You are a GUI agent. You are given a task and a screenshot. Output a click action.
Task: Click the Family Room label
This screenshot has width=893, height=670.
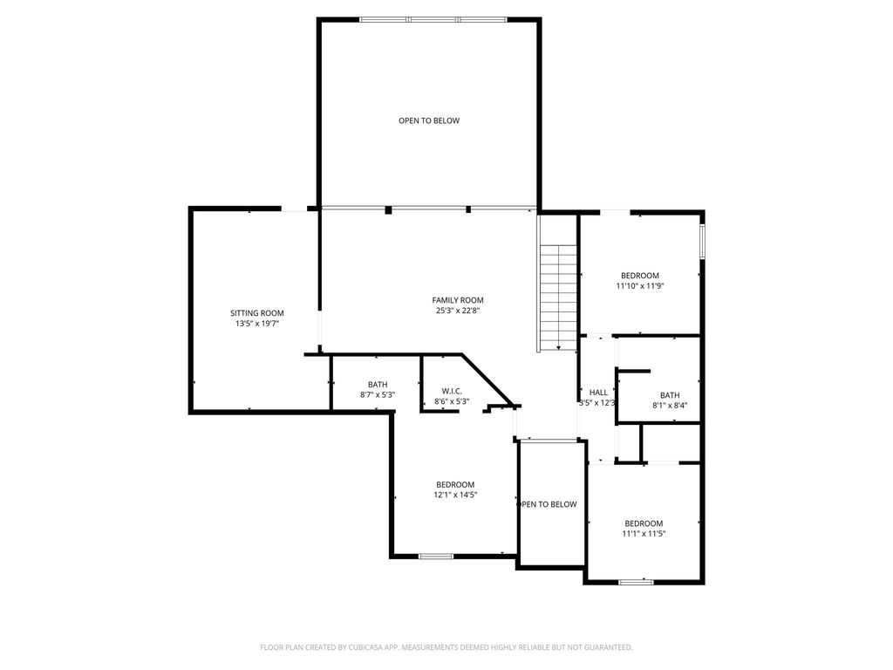click(x=457, y=300)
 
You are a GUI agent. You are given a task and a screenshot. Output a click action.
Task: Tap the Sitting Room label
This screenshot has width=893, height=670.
click(x=257, y=313)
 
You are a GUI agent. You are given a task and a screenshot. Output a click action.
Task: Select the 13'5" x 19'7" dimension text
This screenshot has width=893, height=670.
click(x=257, y=323)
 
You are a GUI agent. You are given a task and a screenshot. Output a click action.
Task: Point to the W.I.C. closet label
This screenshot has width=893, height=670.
click(x=452, y=391)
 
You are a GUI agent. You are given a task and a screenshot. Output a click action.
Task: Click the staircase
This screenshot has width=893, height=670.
click(x=559, y=297)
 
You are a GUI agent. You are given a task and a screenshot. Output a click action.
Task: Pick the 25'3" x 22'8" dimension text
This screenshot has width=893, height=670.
click(x=457, y=311)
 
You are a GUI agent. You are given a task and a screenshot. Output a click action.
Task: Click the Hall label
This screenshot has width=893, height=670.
click(x=598, y=393)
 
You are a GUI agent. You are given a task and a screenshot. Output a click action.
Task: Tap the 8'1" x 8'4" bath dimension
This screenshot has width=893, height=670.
click(x=670, y=406)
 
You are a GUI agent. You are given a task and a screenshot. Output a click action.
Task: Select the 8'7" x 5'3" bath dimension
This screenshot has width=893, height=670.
click(x=378, y=394)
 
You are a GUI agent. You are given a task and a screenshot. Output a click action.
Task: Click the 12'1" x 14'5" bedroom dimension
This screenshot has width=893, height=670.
click(x=455, y=496)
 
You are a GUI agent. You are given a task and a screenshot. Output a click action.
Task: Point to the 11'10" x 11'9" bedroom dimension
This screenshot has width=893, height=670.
click(x=640, y=286)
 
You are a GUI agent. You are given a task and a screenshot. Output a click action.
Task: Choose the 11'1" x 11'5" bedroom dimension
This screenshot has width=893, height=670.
click(x=644, y=534)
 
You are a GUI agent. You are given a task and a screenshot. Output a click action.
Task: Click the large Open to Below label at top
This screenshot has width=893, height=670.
click(x=429, y=120)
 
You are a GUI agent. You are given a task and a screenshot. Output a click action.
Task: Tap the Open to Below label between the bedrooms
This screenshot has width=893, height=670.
click(x=547, y=504)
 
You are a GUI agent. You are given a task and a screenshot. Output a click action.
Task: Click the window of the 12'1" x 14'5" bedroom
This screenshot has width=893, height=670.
click(x=436, y=556)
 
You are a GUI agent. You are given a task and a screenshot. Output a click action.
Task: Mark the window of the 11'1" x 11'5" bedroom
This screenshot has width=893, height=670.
click(x=636, y=582)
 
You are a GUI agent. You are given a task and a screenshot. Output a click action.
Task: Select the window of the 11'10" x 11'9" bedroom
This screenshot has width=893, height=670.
click(x=703, y=242)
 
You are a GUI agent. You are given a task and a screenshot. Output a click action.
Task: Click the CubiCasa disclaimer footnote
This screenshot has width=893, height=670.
click(x=446, y=647)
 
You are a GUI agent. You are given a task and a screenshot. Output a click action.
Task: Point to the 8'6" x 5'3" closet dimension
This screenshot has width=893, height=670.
click(x=452, y=401)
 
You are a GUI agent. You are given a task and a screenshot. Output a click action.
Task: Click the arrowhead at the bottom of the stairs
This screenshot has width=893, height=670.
click(x=559, y=347)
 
